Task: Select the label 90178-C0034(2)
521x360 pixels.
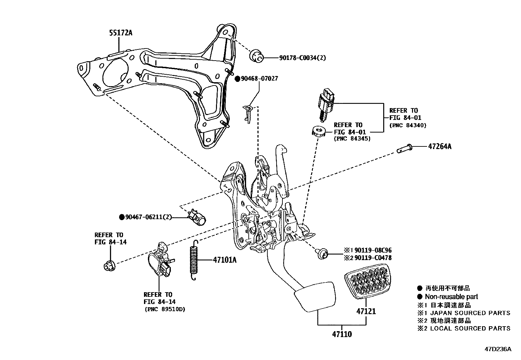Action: click(302, 58)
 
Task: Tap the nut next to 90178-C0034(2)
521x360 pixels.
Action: click(257, 56)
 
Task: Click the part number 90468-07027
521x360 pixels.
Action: click(255, 79)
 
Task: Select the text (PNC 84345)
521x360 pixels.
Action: click(352, 139)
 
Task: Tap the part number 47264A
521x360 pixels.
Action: click(440, 147)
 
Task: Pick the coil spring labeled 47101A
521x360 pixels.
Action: click(194, 260)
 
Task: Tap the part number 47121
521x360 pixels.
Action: click(366, 311)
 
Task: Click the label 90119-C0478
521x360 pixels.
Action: click(373, 258)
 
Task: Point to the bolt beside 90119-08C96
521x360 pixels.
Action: click(322, 254)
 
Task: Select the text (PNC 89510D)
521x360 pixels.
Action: click(164, 309)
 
